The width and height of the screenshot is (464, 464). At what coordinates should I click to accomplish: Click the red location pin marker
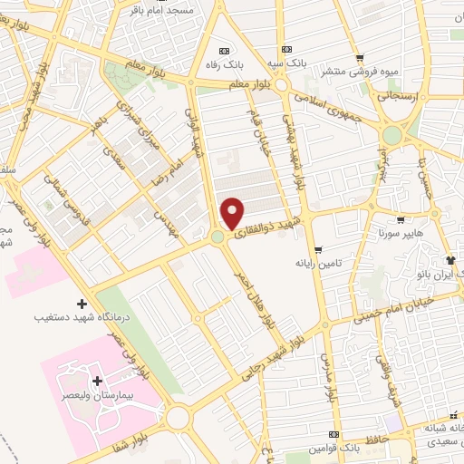[233, 213]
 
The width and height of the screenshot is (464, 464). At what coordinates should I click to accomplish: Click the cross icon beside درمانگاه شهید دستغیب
[82, 304]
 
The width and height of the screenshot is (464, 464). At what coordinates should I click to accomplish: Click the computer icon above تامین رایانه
[317, 249]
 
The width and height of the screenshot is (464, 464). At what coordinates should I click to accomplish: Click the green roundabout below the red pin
[217, 237]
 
